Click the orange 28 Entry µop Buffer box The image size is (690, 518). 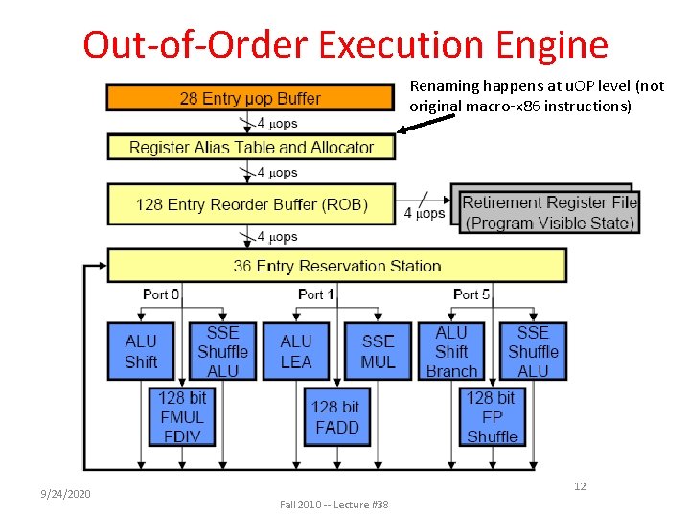pyautogui.click(x=250, y=98)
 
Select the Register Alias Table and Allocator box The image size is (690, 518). pyautogui.click(x=251, y=148)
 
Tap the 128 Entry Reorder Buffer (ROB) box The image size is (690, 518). pyautogui.click(x=251, y=204)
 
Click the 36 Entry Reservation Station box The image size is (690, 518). pyautogui.click(x=337, y=266)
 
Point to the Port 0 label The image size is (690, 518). pyautogui.click(x=161, y=294)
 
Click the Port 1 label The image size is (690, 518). pyautogui.click(x=316, y=294)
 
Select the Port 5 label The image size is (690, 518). pyautogui.click(x=472, y=294)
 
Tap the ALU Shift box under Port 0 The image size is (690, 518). pyautogui.click(x=141, y=351)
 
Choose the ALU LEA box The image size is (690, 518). pyautogui.click(x=296, y=351)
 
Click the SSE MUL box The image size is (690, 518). pyautogui.click(x=378, y=351)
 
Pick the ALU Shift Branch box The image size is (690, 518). pyautogui.click(x=451, y=351)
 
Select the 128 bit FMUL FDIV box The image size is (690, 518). pyautogui.click(x=182, y=416)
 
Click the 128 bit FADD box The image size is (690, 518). pyautogui.click(x=336, y=417)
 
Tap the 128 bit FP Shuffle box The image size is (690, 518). pyautogui.click(x=492, y=416)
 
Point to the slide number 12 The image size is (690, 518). pyautogui.click(x=580, y=486)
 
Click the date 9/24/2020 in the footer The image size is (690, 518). pyautogui.click(x=65, y=493)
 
